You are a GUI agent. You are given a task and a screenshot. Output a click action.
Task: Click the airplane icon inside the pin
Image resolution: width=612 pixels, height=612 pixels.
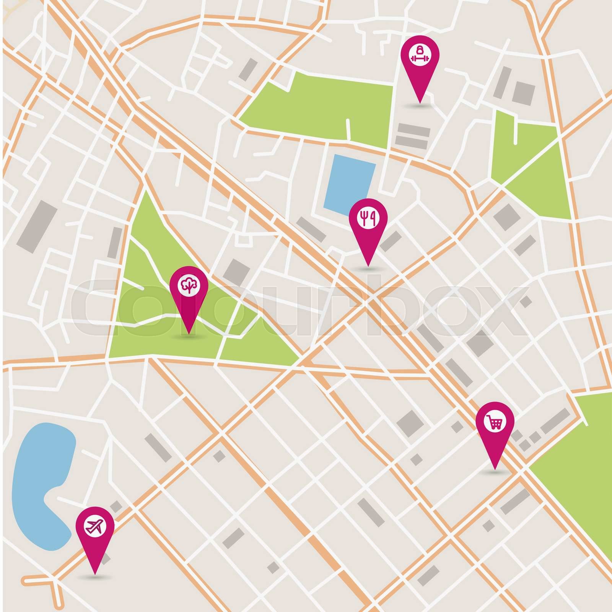[95, 526]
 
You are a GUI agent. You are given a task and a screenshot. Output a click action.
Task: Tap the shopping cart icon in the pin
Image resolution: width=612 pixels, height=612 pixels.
[495, 422]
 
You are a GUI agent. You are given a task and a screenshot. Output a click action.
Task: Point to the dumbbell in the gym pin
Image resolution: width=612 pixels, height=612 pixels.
[420, 59]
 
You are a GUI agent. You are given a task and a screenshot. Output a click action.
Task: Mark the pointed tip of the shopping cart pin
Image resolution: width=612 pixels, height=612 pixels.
[495, 469]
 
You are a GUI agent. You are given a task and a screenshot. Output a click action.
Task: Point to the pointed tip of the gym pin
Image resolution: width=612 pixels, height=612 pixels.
[420, 103]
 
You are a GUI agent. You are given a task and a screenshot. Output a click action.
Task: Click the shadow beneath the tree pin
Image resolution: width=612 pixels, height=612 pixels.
[189, 336]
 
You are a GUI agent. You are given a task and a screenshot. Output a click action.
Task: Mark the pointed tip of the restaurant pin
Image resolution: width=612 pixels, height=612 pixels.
[368, 266]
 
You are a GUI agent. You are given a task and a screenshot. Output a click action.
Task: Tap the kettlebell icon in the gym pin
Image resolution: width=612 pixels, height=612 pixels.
[420, 50]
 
